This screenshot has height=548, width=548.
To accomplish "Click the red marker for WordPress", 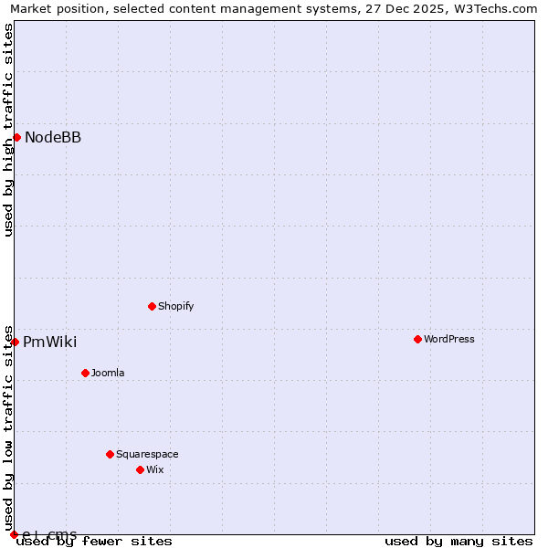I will (x=417, y=339).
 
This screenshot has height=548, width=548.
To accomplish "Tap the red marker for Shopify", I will (x=152, y=306).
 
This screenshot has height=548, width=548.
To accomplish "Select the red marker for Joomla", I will (x=85, y=373).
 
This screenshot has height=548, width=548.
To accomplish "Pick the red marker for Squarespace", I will (x=110, y=454).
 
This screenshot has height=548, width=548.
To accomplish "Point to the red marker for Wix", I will (x=140, y=469).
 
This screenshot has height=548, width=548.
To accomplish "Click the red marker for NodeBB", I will (x=16, y=137).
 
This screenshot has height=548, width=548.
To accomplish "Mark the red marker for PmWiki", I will (x=15, y=342).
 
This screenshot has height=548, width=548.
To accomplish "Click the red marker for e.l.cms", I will (x=14, y=534).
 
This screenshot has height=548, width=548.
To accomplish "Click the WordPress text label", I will (x=449, y=339).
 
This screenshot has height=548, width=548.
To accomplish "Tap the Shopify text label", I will (x=175, y=306).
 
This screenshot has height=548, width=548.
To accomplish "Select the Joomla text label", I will (x=108, y=373).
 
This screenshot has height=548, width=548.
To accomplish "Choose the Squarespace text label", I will (x=147, y=454).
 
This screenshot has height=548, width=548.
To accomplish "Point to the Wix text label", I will (x=155, y=469).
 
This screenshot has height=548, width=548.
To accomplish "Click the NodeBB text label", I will (x=53, y=137).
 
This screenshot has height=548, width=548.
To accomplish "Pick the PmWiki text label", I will (x=49, y=342).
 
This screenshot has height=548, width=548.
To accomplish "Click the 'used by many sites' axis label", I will (x=458, y=541).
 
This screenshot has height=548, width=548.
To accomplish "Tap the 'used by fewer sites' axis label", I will (x=95, y=541).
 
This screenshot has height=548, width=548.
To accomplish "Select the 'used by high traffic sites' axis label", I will (x=9, y=130).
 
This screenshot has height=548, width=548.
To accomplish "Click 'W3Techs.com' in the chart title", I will (x=498, y=9).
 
